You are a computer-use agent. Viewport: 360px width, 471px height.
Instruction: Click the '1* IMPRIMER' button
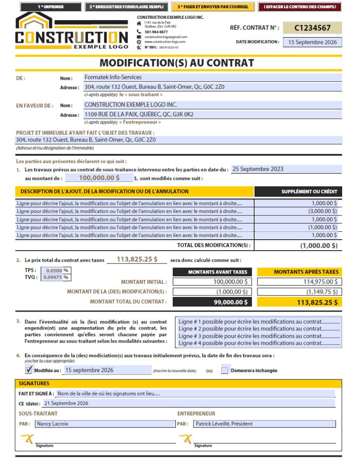point(51,7)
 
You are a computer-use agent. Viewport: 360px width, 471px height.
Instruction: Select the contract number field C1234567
point(312,28)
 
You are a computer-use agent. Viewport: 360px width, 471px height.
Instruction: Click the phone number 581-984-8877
point(156,32)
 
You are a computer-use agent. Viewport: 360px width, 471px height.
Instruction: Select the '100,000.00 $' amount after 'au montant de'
point(99,178)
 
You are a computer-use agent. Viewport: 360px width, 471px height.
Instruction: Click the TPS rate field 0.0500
point(52,270)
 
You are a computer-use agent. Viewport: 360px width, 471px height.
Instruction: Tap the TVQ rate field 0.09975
point(52,277)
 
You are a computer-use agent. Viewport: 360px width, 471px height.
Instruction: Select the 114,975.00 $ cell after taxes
point(300,282)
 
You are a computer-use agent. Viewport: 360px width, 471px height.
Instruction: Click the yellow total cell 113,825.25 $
point(300,302)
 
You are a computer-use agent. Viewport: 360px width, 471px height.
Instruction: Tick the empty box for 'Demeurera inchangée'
point(224,370)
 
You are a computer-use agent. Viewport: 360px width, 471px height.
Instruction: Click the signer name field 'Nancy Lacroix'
point(105,424)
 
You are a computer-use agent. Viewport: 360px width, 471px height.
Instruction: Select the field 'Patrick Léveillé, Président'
point(264,424)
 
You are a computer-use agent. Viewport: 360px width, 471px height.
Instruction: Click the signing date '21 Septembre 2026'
point(188,403)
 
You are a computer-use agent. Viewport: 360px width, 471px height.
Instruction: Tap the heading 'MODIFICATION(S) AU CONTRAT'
point(177,63)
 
